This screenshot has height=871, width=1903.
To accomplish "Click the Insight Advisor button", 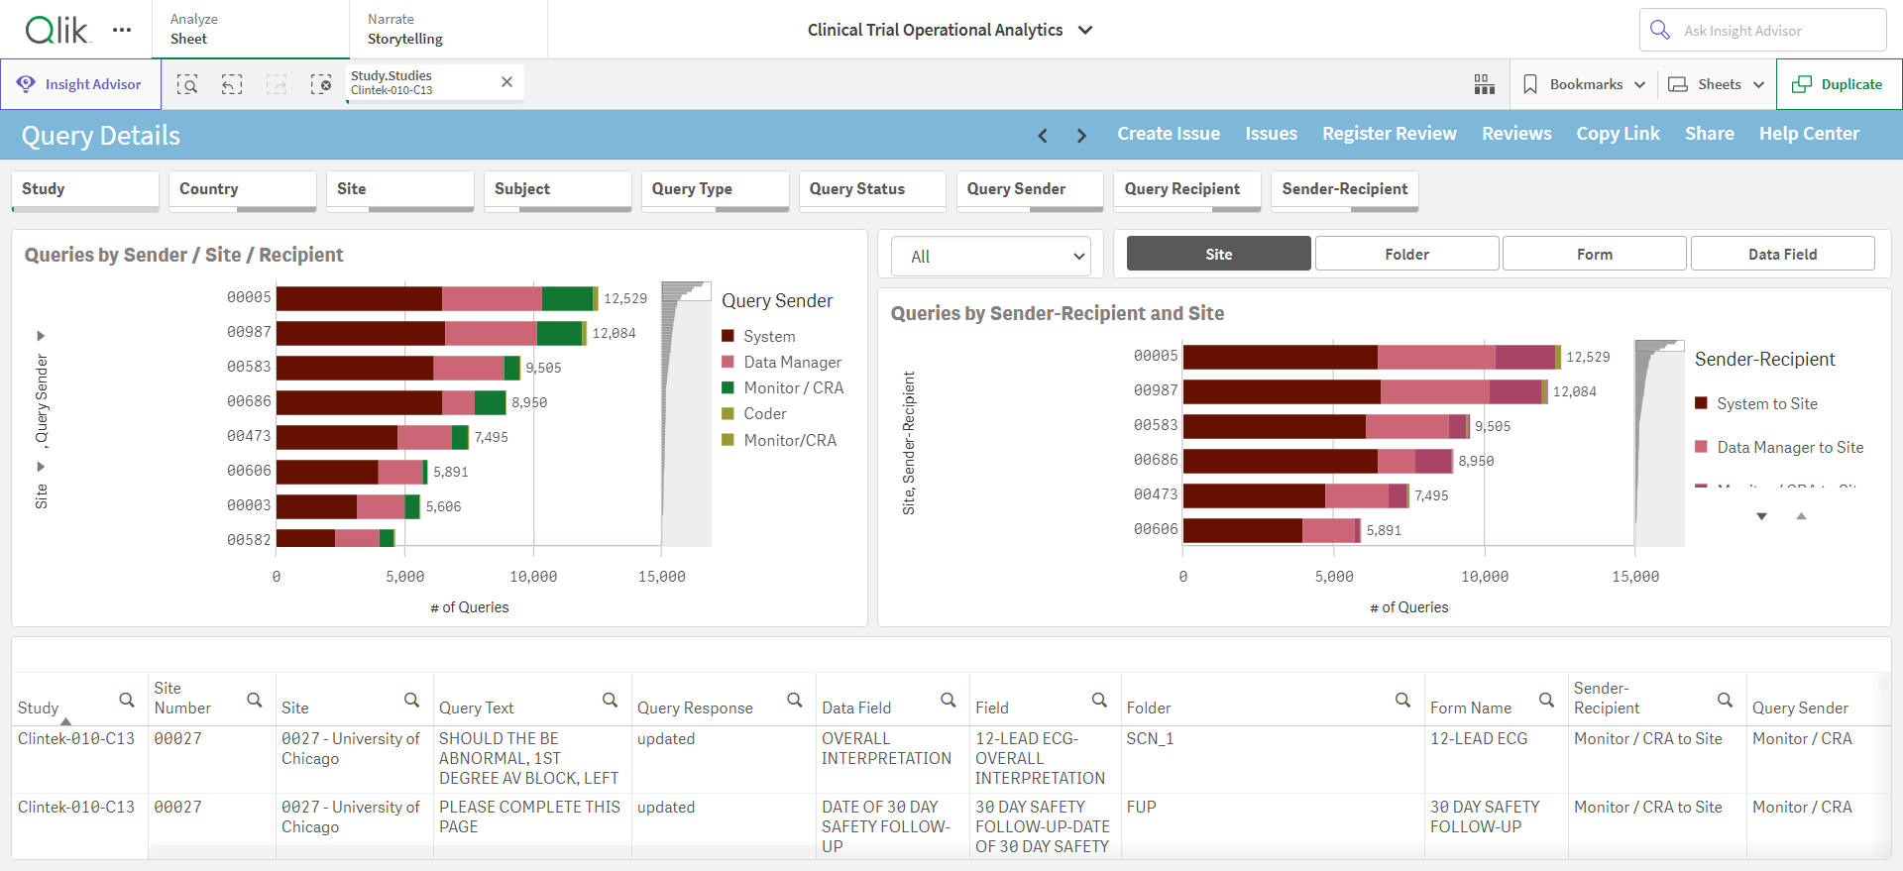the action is point(80,84).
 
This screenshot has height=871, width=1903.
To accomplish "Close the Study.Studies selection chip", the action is point(506,82).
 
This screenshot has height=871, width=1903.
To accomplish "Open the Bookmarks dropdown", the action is point(1584,84).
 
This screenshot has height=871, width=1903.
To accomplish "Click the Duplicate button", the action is point(1839,84).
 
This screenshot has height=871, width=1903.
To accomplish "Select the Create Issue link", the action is point(1169,134).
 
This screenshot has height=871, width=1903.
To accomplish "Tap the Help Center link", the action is point(1809,134).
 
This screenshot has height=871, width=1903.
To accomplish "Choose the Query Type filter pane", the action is point(715,190).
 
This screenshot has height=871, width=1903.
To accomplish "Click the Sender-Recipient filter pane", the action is point(1344,190).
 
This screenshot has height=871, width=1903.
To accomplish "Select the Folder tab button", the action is point(1406,254).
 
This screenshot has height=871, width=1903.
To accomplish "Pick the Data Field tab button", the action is point(1782,254).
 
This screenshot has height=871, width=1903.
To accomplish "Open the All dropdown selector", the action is point(991,257).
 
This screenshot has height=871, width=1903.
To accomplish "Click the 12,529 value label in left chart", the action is point(625,298).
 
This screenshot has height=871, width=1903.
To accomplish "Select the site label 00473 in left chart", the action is point(249,436).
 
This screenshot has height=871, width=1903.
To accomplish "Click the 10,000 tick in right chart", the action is point(1485,577).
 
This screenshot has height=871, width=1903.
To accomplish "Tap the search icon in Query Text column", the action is point(610,701).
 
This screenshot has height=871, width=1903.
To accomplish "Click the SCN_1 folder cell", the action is point(1150,739).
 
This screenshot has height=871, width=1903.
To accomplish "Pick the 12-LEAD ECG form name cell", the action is point(1479,739).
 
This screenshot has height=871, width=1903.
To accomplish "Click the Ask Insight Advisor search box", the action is point(1762,30).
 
